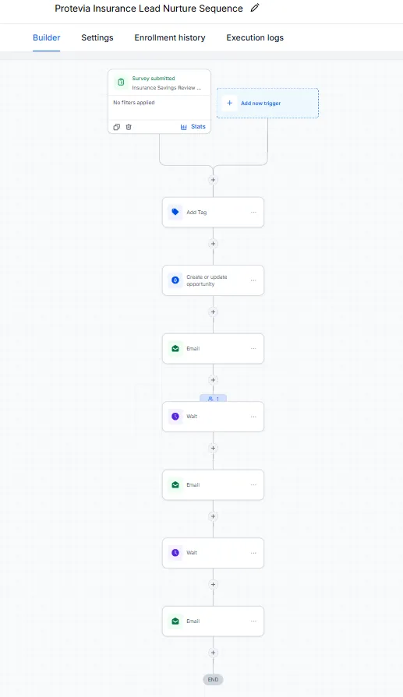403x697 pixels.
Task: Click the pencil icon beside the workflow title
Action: pyautogui.click(x=255, y=8)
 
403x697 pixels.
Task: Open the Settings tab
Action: pyautogui.click(x=97, y=38)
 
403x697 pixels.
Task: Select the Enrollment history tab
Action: pyautogui.click(x=170, y=38)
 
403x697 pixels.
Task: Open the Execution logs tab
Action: pyautogui.click(x=255, y=38)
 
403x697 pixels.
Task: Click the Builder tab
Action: pyautogui.click(x=46, y=38)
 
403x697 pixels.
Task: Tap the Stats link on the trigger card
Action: pyautogui.click(x=193, y=127)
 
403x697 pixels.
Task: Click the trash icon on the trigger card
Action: pyautogui.click(x=129, y=127)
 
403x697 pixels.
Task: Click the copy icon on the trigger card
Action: pyautogui.click(x=117, y=127)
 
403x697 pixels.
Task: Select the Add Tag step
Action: pyautogui.click(x=213, y=213)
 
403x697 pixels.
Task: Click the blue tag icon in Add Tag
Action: pyautogui.click(x=175, y=212)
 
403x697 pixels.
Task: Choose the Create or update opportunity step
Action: pyautogui.click(x=213, y=280)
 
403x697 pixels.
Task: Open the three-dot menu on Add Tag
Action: pyautogui.click(x=253, y=212)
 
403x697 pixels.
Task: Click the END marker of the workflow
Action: pyautogui.click(x=213, y=679)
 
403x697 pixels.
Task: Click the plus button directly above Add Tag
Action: pyautogui.click(x=213, y=180)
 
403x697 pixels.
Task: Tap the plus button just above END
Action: pyautogui.click(x=213, y=653)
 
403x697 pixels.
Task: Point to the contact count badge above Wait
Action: pyautogui.click(x=213, y=399)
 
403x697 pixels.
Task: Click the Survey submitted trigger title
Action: pyautogui.click(x=154, y=78)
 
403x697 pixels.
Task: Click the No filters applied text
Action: pyautogui.click(x=134, y=102)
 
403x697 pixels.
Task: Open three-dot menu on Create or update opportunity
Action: pyautogui.click(x=253, y=280)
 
